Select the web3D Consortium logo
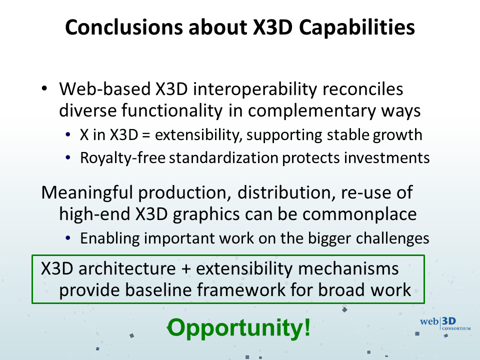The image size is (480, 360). pos(445,324)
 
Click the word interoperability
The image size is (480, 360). pos(254,90)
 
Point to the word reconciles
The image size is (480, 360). pos(363,89)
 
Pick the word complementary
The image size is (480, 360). pos(311,111)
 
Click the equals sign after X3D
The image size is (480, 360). pos(146,135)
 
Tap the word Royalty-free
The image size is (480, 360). pos(123,158)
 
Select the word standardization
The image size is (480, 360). pos(223,158)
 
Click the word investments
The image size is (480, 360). pos(387,158)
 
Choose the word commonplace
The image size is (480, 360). pos(359,214)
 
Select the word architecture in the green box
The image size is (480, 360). pos(127,268)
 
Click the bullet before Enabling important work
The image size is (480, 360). pos(68,238)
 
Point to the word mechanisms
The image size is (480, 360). pos(348,268)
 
